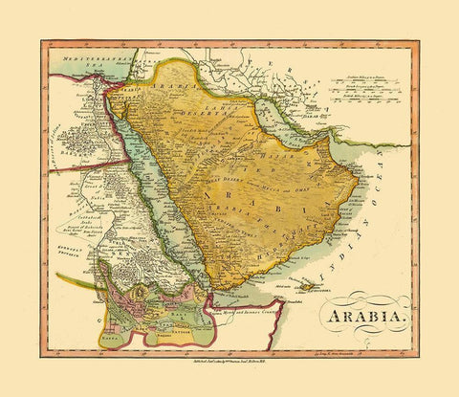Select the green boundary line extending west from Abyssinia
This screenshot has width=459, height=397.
click(67, 279)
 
